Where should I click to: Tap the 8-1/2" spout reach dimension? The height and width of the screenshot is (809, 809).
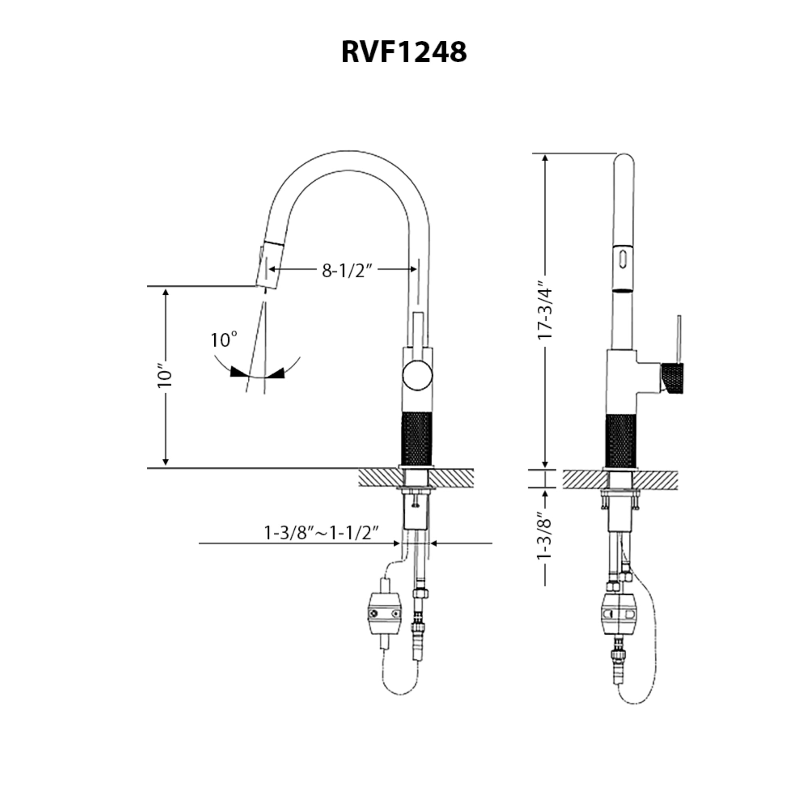(x=347, y=271)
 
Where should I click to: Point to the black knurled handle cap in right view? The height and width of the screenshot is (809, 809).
(x=673, y=378)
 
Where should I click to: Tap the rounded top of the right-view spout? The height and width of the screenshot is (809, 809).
(x=623, y=161)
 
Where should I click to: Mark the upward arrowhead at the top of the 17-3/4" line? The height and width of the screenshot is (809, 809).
(x=545, y=158)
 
